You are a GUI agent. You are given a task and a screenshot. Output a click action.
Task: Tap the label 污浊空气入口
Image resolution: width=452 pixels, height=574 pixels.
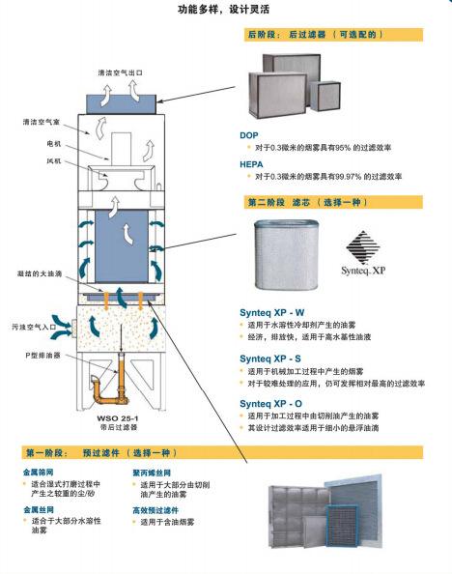[35, 326]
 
